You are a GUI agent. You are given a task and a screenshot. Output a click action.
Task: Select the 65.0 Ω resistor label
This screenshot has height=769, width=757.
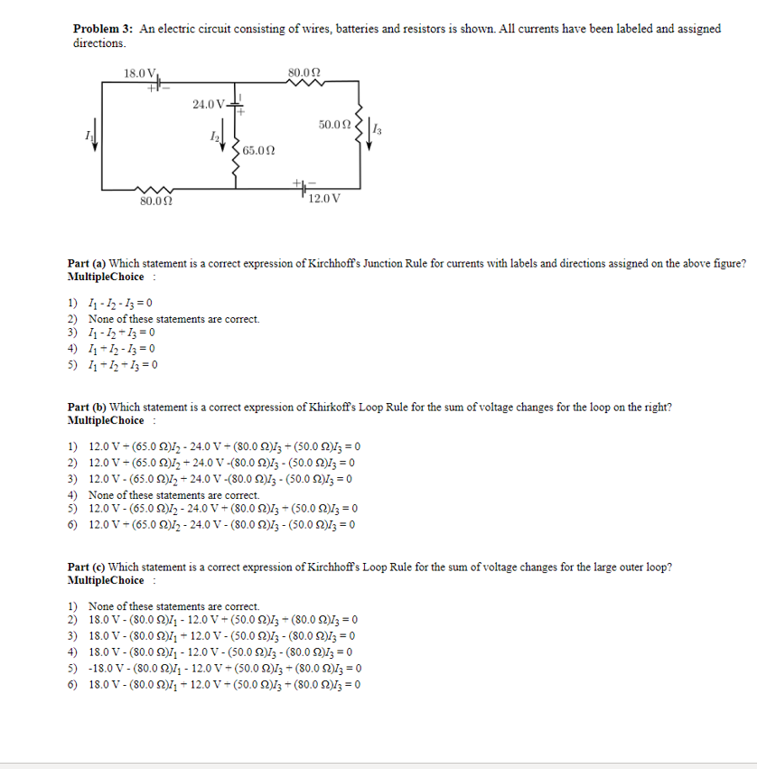coord(259,149)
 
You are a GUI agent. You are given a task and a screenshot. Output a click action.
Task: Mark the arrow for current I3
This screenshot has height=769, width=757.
coord(370,132)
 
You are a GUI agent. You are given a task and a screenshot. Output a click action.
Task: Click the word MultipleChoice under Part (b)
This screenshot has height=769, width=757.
coord(106,420)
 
